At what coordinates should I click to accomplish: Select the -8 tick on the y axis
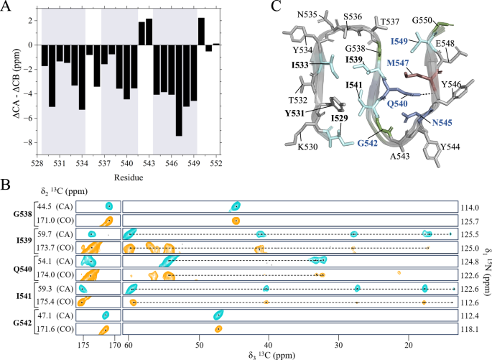click(x=29, y=142)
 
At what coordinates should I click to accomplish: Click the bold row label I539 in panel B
click(x=21, y=241)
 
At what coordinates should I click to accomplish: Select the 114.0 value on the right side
click(x=471, y=207)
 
